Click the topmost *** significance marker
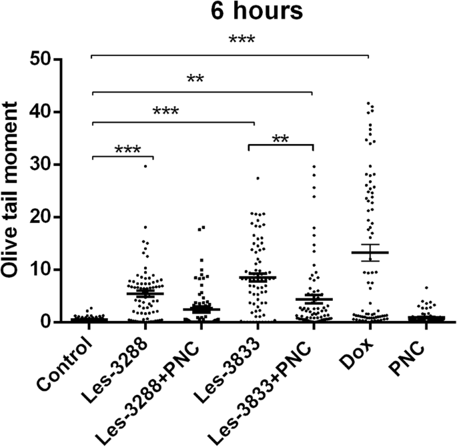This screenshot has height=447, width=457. (x=242, y=40)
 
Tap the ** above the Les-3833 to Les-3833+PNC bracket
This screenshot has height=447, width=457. (x=280, y=139)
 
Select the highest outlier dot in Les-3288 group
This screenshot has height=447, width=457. (x=144, y=165)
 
